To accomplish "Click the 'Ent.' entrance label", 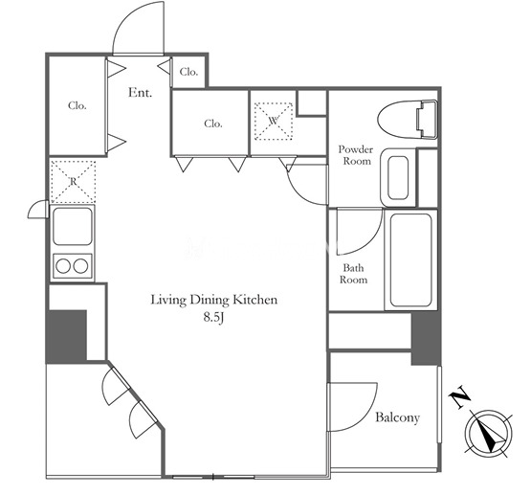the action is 140,93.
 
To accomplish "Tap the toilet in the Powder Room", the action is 408,120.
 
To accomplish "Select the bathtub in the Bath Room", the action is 410,259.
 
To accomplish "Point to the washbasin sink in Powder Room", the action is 398,177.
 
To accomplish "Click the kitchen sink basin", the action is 73,226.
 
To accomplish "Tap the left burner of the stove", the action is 63,266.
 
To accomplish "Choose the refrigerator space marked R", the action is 73,181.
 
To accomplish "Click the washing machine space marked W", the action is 274,121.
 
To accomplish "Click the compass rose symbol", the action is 488,434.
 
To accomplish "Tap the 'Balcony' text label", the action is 398,417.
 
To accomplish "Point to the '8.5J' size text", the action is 213,317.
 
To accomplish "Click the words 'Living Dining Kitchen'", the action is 213,300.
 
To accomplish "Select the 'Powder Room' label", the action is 356,155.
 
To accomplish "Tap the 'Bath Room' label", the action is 354,274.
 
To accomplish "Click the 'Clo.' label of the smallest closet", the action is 188,72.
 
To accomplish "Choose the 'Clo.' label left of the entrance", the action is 77,105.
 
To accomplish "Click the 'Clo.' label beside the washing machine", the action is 213,124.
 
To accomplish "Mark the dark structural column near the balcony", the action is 426,339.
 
